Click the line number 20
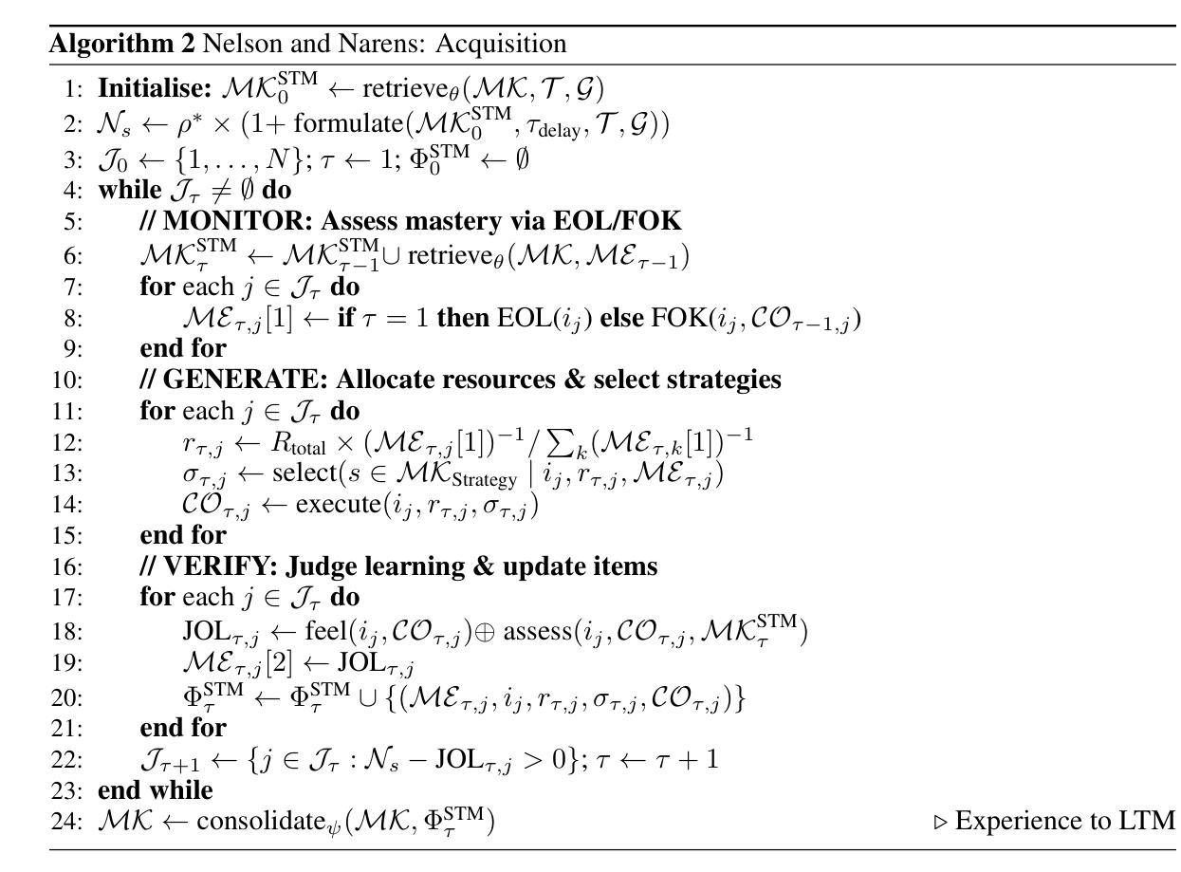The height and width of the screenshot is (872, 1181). click(x=68, y=697)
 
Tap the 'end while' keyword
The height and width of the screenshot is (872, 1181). click(x=156, y=789)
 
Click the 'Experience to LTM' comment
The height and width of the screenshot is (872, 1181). click(x=1063, y=821)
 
